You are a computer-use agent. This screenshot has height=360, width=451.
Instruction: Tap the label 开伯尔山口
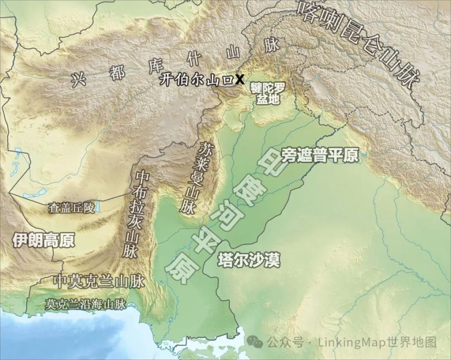(x=196, y=80)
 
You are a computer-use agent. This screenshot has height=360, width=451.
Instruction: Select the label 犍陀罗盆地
(x=268, y=93)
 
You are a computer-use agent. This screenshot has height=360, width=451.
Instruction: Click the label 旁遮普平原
(x=320, y=156)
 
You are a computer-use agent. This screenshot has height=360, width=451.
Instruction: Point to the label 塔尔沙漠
(x=249, y=260)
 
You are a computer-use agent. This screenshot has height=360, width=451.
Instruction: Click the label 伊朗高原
(x=43, y=241)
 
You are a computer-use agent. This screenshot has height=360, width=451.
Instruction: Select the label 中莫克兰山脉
(x=99, y=281)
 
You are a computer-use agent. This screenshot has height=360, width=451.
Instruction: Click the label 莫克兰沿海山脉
(x=86, y=304)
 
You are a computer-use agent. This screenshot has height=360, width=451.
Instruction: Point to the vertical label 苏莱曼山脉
(x=198, y=178)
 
